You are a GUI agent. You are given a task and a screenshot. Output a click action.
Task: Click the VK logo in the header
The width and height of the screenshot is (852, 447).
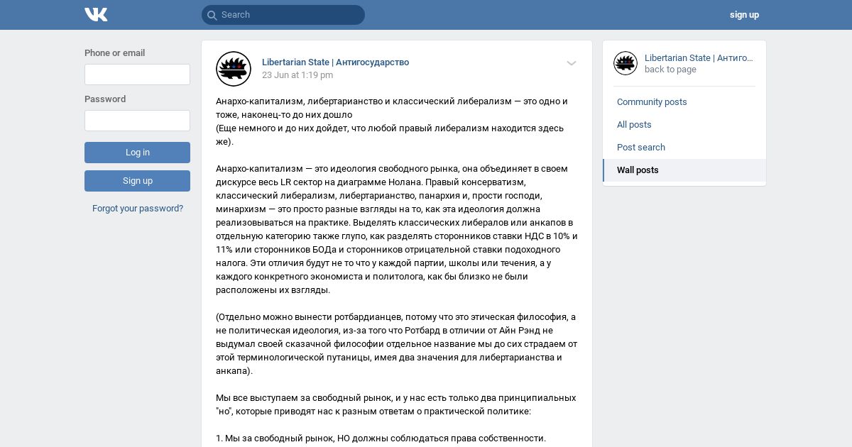click(96, 15)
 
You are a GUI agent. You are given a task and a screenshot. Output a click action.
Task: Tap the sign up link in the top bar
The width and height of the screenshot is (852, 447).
click(744, 15)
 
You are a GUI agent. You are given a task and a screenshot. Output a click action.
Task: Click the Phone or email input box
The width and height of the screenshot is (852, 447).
click(137, 74)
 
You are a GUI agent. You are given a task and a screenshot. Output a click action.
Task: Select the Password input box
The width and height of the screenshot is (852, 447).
click(137, 121)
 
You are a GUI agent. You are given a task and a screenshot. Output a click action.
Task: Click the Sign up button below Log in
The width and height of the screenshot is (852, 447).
click(137, 181)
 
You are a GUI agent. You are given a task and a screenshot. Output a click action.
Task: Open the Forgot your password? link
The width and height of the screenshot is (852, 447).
click(138, 209)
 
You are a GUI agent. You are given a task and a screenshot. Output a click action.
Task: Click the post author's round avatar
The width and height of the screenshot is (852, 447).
click(234, 69)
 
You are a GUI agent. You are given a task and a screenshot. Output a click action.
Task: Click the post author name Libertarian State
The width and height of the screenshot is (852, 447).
click(335, 62)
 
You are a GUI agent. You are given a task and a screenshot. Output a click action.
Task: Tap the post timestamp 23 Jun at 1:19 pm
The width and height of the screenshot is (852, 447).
click(297, 75)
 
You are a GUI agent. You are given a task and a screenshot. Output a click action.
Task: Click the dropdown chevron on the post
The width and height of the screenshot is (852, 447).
click(572, 63)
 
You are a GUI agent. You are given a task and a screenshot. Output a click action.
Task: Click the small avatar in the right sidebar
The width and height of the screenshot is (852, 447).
click(626, 63)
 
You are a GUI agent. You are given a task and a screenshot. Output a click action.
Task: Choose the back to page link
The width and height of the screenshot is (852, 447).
click(670, 70)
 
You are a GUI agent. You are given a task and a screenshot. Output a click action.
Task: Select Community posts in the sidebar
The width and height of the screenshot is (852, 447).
click(652, 102)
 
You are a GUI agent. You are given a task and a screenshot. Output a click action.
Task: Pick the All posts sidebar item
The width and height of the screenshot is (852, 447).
click(634, 125)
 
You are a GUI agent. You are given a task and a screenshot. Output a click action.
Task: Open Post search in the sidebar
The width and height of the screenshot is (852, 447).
click(641, 148)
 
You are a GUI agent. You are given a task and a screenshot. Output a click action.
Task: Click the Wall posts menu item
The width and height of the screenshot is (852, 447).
click(638, 170)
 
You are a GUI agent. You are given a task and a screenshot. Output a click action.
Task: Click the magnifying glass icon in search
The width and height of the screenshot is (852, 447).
click(212, 15)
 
